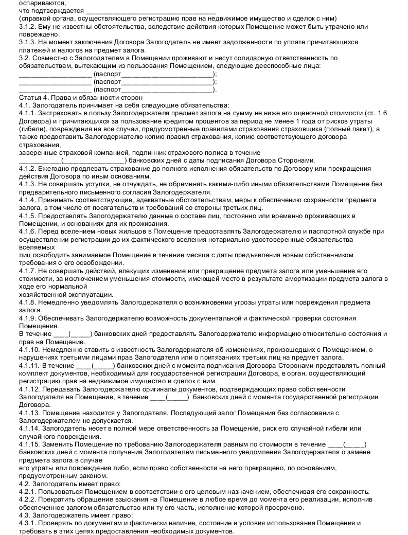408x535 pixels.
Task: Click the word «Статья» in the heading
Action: (x=29, y=97)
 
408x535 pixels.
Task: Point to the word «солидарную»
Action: (x=220, y=58)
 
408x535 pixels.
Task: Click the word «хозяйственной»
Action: (x=44, y=294)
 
